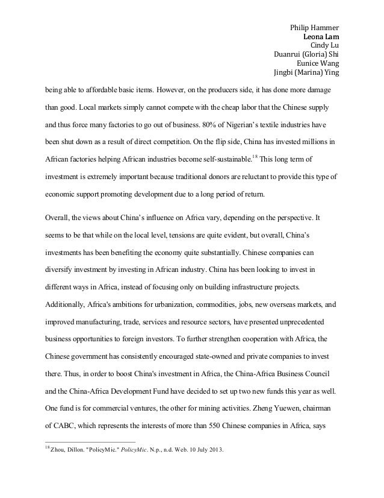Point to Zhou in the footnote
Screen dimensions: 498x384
(x=58, y=449)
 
